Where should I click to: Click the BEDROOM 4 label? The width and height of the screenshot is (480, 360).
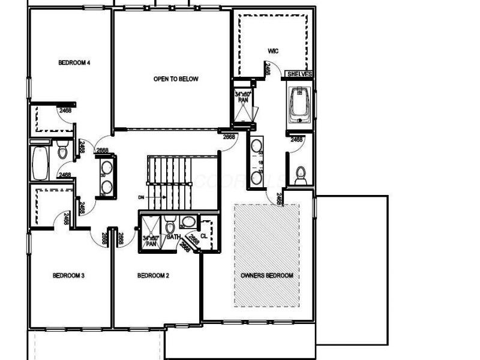[x=74, y=62]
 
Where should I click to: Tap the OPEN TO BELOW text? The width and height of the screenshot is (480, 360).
[x=175, y=79]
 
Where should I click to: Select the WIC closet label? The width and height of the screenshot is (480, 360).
[x=273, y=51]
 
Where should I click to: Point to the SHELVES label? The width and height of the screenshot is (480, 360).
[x=299, y=74]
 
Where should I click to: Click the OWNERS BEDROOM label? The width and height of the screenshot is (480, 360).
[x=266, y=275]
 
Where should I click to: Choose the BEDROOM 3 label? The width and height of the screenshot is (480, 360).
[x=68, y=275]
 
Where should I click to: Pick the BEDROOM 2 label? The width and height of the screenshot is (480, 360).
[x=154, y=275]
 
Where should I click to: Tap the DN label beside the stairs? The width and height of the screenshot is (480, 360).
[x=141, y=196]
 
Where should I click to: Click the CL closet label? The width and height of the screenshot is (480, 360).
[x=203, y=236]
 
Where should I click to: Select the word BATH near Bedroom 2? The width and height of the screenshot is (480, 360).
[x=173, y=238]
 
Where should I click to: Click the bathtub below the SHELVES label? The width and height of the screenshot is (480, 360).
[x=299, y=104]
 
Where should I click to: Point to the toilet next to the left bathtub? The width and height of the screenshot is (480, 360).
[x=63, y=151]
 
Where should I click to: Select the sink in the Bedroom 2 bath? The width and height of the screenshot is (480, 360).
[x=188, y=223]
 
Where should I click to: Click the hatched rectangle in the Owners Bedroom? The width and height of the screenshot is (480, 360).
[x=266, y=255]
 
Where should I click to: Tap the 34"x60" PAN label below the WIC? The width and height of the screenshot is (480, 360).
[x=243, y=97]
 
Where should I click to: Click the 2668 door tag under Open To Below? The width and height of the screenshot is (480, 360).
[x=229, y=137]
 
